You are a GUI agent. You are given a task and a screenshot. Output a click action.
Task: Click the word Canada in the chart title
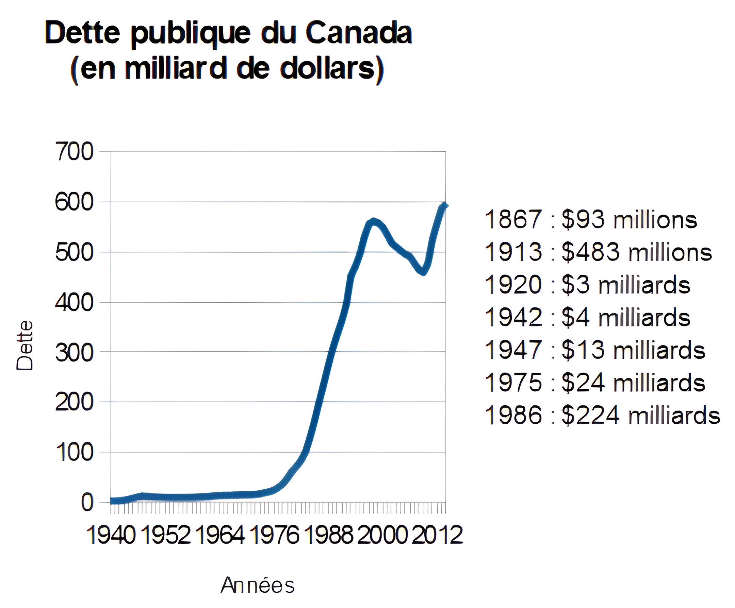tap(358, 33)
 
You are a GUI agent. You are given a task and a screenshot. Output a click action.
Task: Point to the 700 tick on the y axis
tap(74, 152)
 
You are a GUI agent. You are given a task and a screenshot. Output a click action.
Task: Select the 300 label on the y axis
tap(74, 353)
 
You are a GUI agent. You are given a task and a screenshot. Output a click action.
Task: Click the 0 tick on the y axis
tap(87, 503)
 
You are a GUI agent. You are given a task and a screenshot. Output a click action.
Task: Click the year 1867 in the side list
tap(513, 220)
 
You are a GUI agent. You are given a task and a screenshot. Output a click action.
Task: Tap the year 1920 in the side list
tap(513, 285)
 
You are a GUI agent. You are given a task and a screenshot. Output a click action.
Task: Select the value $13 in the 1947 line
tap(583, 350)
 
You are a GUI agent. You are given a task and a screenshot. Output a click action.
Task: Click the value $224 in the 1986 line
tap(590, 415)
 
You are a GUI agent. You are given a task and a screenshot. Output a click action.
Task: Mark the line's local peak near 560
tap(373, 220)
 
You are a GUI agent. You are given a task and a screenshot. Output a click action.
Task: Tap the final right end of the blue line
tap(445, 205)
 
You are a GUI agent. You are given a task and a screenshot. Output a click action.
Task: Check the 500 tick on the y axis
tap(74, 253)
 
